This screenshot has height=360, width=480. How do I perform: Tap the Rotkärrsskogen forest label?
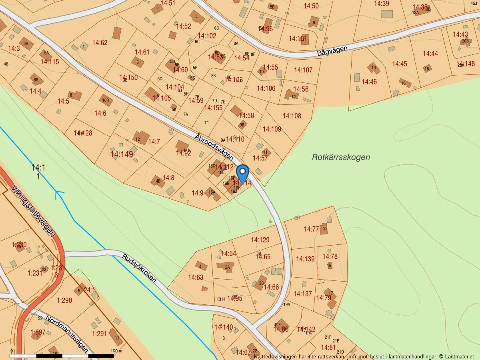[341, 157]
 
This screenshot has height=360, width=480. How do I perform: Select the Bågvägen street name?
[332, 50]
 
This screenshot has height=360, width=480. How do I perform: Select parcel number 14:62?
[100, 42]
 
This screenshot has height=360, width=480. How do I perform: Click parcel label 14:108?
[292, 116]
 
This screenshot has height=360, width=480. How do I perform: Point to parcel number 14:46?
[369, 82]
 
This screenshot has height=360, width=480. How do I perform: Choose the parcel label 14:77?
[311, 229]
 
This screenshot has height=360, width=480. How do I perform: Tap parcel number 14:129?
[260, 240]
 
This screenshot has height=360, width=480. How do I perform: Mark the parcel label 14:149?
[122, 154]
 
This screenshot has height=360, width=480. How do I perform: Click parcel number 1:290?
[64, 300]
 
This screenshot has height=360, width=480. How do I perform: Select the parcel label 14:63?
[196, 277]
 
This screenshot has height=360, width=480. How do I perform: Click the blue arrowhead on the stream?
[59, 194]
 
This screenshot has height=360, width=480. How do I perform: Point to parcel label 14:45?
[399, 64]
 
